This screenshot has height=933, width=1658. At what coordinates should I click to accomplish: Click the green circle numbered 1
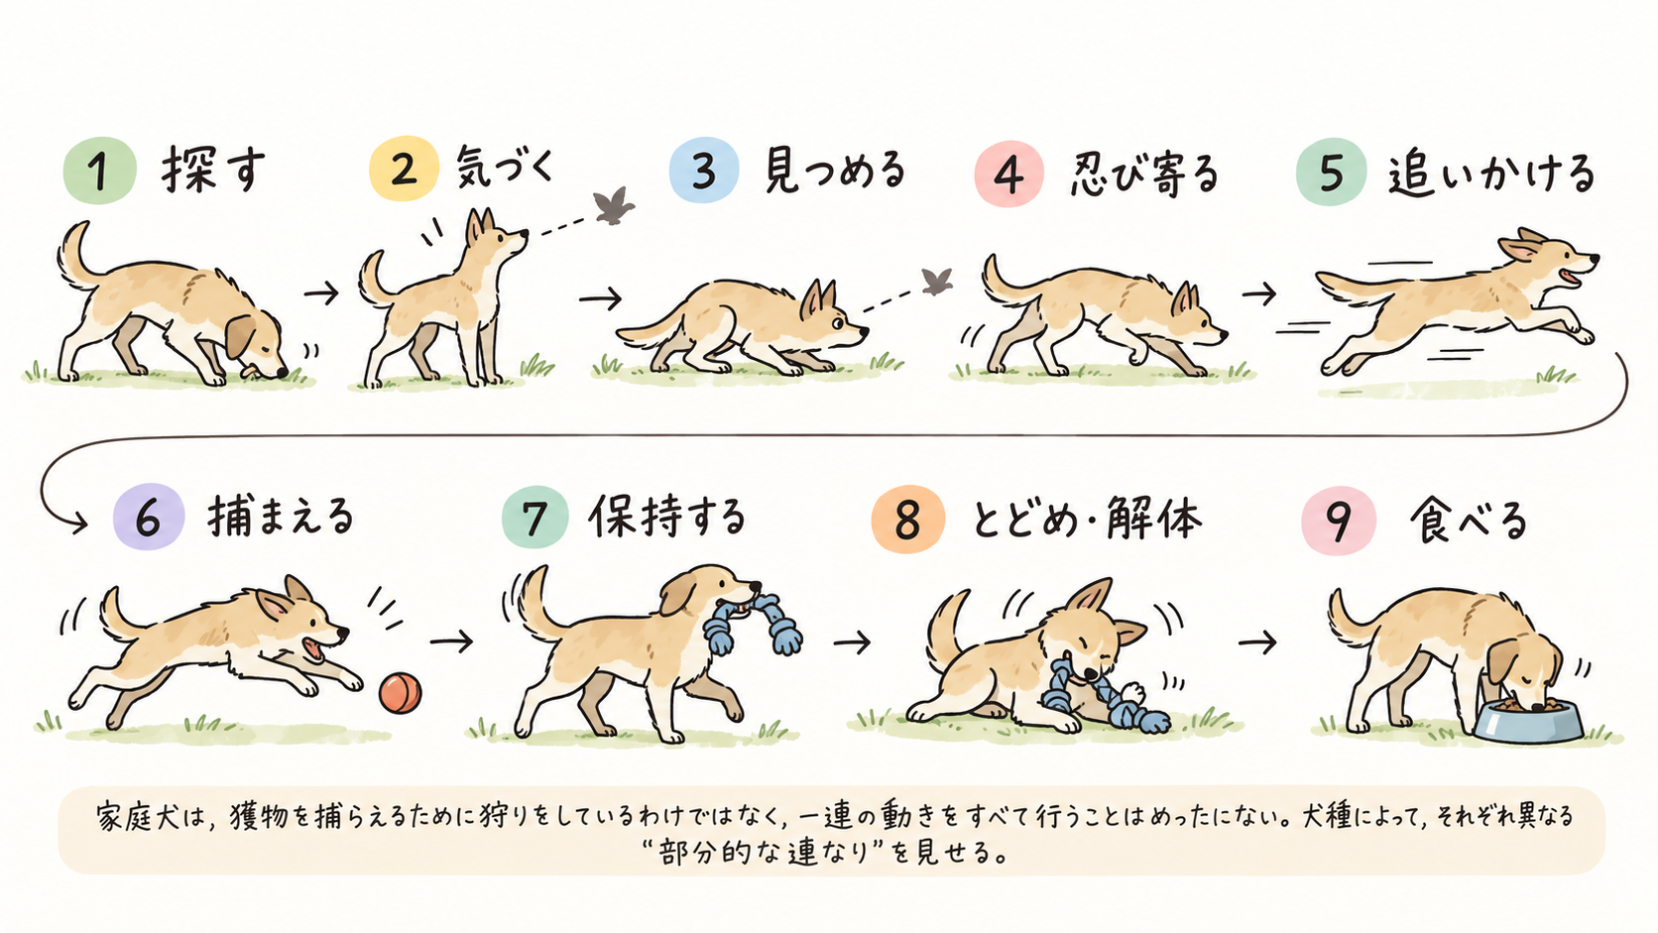pos(100,171)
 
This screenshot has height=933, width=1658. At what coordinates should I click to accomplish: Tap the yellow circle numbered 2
pos(404,169)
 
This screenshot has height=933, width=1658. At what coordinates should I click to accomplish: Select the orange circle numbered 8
pos(908,520)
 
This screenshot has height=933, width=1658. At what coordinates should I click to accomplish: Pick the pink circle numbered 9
pos(1339,521)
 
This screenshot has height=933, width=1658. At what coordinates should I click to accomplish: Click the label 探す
pos(213,171)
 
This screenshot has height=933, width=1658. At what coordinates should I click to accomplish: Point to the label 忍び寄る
pos(1144,175)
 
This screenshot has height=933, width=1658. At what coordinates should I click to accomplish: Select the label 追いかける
pos(1491,175)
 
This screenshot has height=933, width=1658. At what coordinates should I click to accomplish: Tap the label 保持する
pos(667,516)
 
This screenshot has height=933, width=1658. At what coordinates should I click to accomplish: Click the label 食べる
pos(1469,521)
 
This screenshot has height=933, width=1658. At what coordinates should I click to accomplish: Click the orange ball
pos(401,692)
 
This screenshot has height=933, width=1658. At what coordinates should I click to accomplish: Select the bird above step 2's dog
pos(614,205)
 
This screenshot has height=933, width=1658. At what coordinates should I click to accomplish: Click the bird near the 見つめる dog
pos(937,282)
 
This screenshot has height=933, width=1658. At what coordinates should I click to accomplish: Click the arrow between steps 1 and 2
pos(321,293)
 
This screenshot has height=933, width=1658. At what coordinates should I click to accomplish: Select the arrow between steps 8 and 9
pos(1257,641)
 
